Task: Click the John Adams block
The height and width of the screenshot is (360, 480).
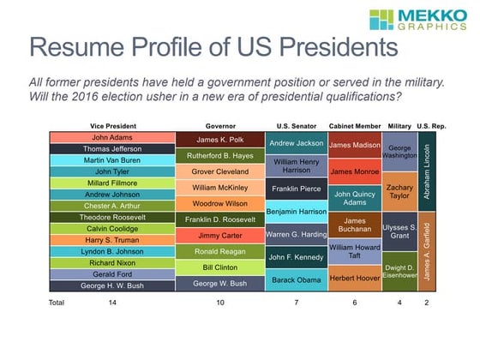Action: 113,137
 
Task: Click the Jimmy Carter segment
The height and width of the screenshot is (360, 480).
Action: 220,235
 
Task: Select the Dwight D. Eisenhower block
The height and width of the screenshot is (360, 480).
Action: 399,272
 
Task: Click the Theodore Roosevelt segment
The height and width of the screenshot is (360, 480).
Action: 113,217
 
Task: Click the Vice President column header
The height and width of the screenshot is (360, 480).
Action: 113,126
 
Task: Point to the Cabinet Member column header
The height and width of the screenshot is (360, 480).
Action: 354,126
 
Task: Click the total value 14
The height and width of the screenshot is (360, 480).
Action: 113,303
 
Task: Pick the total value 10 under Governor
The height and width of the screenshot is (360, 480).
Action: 220,303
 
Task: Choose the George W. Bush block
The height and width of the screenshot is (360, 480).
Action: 220,283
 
